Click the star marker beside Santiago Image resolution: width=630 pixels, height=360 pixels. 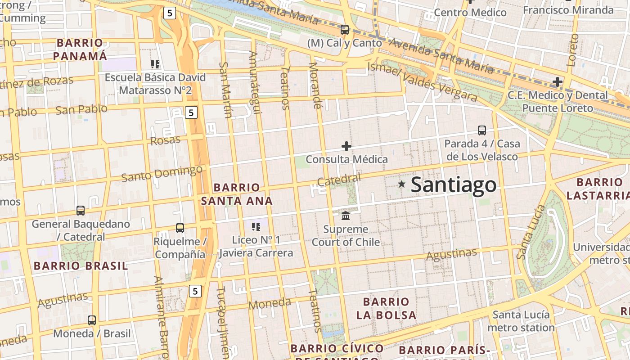coord(402,184)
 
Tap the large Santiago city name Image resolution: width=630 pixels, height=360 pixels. coord(454,185)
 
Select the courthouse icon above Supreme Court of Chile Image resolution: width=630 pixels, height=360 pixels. coord(346,216)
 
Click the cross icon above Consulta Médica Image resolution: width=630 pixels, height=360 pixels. coord(346,146)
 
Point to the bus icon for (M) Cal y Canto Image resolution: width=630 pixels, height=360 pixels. coord(345,30)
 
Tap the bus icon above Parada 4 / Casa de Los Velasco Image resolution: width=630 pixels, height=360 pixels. coord(482,130)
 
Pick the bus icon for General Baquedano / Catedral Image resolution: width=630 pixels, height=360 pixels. coord(81,210)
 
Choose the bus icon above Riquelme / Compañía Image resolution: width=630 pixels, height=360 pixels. coord(180,228)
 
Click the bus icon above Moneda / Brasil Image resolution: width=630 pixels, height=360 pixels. coord(92,320)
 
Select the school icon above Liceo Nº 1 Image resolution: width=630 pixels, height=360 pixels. coord(256,227)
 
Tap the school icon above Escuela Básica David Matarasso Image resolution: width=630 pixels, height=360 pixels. coord(155,64)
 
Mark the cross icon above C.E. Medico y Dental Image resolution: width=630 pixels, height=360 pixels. coord(558,82)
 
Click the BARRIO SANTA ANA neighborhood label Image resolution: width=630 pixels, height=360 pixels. coord(237,194)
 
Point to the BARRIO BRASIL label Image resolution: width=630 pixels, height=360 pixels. coord(81,265)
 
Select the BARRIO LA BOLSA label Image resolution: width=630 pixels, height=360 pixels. coord(386,308)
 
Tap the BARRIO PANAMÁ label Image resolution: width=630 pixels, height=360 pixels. coord(80,49)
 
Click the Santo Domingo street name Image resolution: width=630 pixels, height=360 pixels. coord(162,173)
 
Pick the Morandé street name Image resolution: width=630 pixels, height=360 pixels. coord(315,85)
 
